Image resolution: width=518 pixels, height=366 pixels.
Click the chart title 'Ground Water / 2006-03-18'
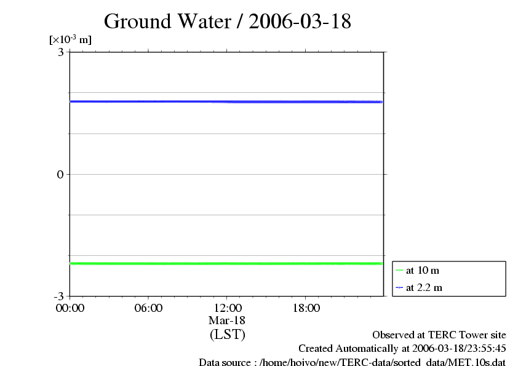click(x=228, y=22)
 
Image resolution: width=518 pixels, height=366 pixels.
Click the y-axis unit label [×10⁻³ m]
click(x=70, y=40)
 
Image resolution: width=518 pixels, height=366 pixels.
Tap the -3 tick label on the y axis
click(x=59, y=296)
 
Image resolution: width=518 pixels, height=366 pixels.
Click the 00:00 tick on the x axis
click(x=70, y=308)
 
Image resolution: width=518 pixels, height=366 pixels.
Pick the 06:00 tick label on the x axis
click(x=148, y=308)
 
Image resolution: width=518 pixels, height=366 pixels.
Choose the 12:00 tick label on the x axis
click(x=227, y=308)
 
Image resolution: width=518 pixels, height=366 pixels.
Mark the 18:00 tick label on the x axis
click(x=306, y=308)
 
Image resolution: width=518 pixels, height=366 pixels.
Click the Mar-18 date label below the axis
click(x=227, y=320)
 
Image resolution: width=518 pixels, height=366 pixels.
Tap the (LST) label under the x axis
click(x=227, y=335)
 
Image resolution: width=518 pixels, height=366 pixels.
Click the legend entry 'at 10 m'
click(x=423, y=270)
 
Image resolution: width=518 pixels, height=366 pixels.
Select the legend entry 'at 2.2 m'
click(x=424, y=287)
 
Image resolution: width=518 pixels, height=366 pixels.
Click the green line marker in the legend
click(x=399, y=270)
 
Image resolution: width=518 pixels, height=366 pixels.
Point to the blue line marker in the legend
click(x=399, y=287)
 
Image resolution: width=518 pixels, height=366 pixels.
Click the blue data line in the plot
click(x=227, y=101)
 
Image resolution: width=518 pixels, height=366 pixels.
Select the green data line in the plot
click(x=227, y=263)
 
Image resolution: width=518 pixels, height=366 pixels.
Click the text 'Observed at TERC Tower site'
click(x=439, y=335)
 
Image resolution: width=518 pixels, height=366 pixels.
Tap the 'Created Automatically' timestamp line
click(x=402, y=348)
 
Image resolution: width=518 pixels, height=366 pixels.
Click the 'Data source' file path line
click(x=353, y=362)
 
